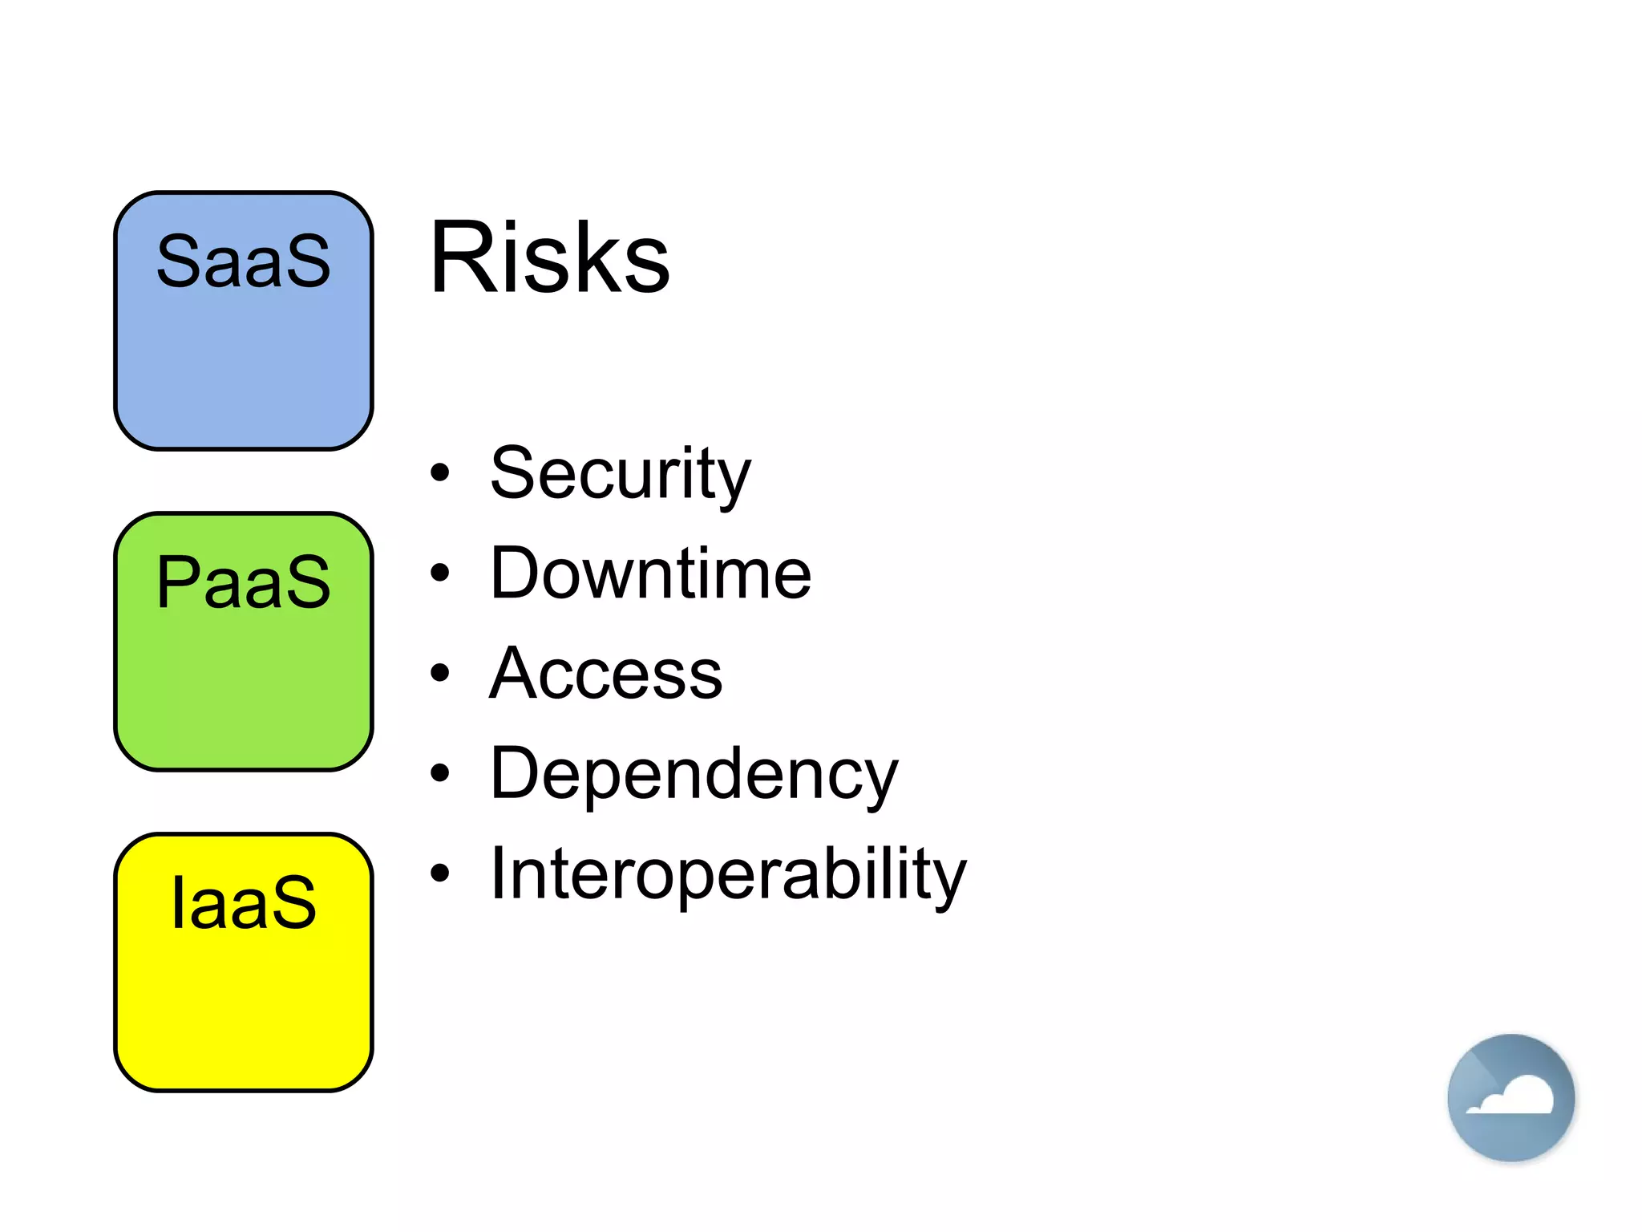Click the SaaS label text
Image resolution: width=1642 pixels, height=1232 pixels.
[x=243, y=261]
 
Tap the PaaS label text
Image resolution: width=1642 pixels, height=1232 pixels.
[x=243, y=582]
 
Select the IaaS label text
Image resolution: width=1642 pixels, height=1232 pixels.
[x=243, y=903]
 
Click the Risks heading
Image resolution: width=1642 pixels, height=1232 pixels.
[x=549, y=258]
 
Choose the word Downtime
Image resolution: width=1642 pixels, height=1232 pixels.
[x=650, y=573]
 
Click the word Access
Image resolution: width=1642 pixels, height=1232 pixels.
[x=606, y=674]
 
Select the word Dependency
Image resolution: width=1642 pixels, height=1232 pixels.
[x=694, y=775]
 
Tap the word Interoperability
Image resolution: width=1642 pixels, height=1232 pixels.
[x=728, y=874]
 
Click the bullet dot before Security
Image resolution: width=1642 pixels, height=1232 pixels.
[x=439, y=472]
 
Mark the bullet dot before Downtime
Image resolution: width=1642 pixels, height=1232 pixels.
[x=439, y=573]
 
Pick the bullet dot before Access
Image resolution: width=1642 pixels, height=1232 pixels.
[x=439, y=673]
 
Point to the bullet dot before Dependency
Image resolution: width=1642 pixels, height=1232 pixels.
[x=439, y=773]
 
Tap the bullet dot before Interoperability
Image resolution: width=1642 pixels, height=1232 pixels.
[x=439, y=873]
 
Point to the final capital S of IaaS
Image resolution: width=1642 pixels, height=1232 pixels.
[x=295, y=903]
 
